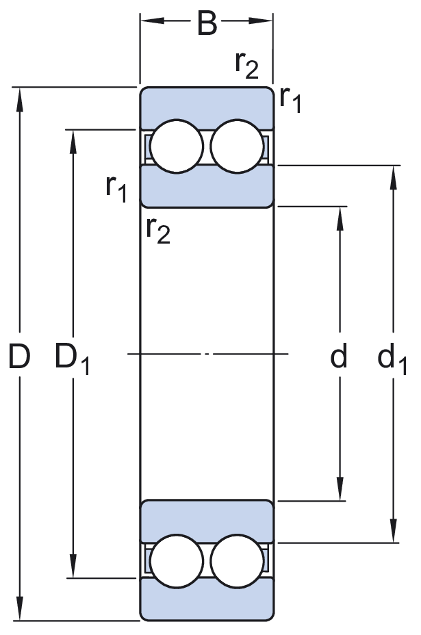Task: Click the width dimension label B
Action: (207, 24)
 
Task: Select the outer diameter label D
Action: (21, 357)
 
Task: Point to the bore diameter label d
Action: (339, 357)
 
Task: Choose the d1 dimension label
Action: (391, 358)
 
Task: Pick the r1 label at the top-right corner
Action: (290, 100)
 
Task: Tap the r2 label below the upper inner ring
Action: (157, 231)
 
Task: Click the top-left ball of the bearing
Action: (177, 146)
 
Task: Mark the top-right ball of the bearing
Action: (236, 146)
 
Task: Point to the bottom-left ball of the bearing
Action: (177, 562)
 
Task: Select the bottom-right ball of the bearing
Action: (236, 562)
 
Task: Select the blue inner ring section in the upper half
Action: (207, 186)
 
